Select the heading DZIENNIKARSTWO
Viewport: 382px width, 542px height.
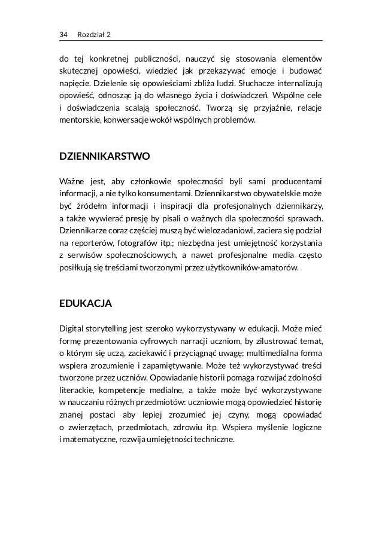point(104,157)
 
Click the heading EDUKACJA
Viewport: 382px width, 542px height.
point(84,303)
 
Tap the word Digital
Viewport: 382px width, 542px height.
point(71,328)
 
